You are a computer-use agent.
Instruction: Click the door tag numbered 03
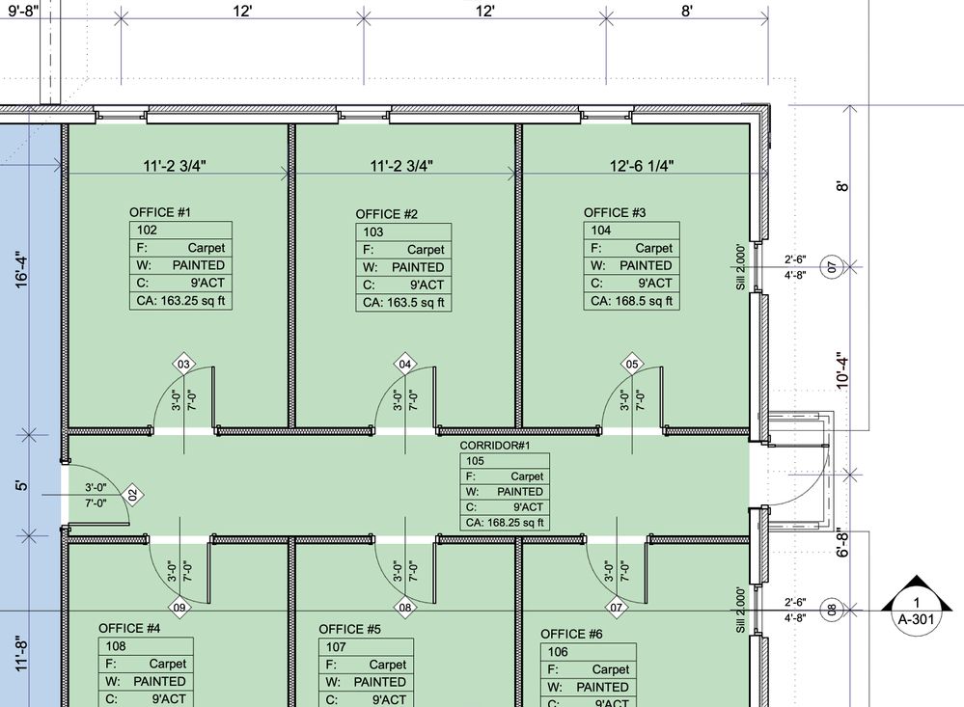183,364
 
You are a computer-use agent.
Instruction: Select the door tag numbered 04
404,364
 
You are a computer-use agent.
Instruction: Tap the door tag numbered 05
632,364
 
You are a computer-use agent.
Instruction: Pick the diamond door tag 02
132,495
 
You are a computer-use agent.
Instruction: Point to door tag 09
179,608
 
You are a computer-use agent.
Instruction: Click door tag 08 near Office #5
404,608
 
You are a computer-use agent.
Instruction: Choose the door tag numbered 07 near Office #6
616,608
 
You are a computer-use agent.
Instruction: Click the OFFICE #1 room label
160,213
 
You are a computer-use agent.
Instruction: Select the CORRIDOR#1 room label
495,445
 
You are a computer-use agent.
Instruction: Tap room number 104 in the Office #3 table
601,231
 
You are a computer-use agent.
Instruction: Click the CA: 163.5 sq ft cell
403,303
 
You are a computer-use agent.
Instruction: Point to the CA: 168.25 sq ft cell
505,523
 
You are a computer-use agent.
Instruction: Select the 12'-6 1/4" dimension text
642,166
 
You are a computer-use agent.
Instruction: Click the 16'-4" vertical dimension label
21,269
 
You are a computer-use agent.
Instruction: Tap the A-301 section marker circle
916,612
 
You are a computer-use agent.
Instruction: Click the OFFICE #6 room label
571,635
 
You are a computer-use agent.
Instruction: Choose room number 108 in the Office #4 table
116,646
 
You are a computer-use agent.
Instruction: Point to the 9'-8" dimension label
23,11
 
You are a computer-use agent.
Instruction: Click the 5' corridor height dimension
21,486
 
